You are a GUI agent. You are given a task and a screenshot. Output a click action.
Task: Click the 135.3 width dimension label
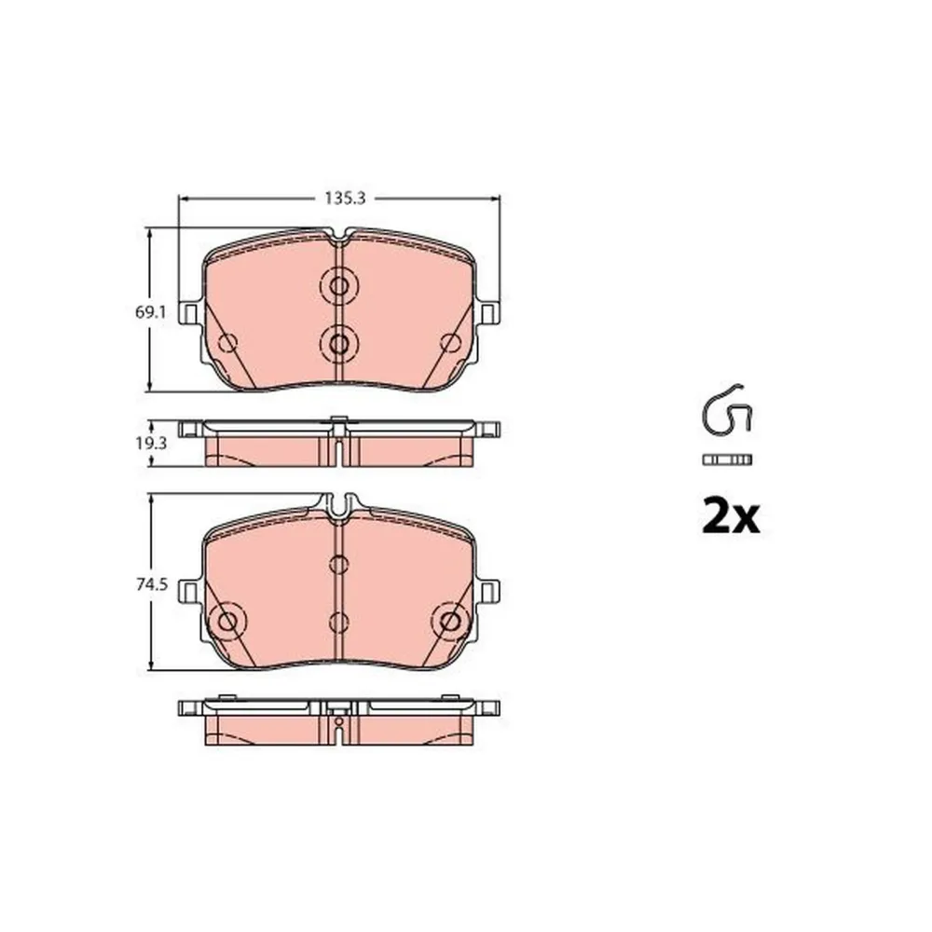(x=345, y=199)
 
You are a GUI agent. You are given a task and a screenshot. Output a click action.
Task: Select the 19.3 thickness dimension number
(x=151, y=443)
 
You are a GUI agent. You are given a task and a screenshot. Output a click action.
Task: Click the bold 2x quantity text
(x=731, y=516)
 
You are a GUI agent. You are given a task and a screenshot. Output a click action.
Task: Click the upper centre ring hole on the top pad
(x=339, y=286)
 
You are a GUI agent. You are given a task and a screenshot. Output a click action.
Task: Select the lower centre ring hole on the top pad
(x=339, y=344)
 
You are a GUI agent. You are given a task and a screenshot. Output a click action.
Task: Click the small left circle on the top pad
(x=227, y=343)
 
